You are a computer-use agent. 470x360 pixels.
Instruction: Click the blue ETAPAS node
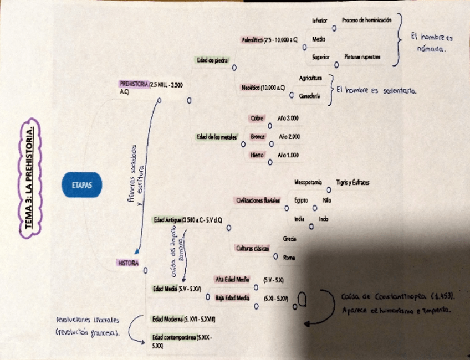tap(82, 185)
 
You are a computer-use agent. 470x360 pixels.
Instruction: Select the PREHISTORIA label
tap(134, 84)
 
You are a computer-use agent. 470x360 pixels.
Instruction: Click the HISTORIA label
tap(127, 263)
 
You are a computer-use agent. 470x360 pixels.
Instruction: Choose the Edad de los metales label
tap(217, 136)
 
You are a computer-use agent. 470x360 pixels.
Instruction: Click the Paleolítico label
tap(253, 39)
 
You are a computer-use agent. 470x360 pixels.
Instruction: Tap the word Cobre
tap(257, 118)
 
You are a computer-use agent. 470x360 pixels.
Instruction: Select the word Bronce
tap(257, 136)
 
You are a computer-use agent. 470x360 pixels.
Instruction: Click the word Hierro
tap(257, 155)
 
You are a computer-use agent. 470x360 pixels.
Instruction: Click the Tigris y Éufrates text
tap(352, 182)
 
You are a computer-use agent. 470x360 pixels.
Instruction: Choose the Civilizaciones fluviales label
tap(258, 200)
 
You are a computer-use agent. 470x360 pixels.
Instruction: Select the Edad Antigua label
tap(167, 220)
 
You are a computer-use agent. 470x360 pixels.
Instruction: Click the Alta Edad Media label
tap(232, 279)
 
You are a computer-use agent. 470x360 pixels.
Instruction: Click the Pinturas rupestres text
tap(362, 56)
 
